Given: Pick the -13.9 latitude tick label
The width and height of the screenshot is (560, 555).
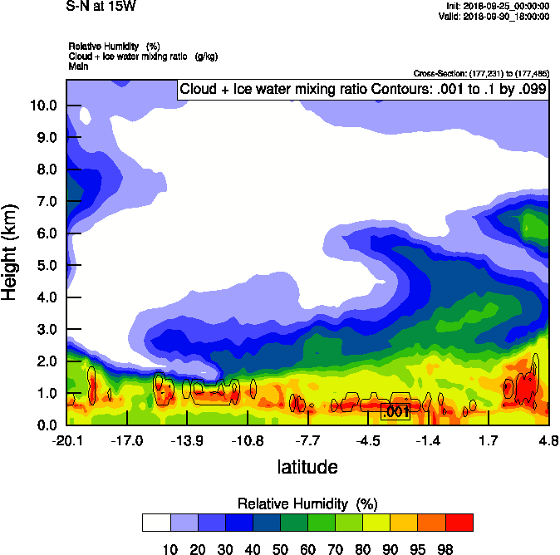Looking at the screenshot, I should click(187, 440).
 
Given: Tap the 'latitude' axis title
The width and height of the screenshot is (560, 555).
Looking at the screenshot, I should click(307, 467).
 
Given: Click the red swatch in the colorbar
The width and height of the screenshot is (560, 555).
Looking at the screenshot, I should click(459, 522).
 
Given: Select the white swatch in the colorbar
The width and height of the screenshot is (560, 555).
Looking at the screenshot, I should click(156, 522).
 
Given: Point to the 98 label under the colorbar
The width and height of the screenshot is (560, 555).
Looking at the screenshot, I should click(445, 549).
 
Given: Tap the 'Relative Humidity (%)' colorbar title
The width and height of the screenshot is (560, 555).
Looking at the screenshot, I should click(307, 504).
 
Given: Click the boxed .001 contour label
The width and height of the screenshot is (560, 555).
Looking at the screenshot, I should click(394, 411).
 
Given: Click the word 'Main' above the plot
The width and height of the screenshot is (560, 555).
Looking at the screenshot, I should click(79, 66).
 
